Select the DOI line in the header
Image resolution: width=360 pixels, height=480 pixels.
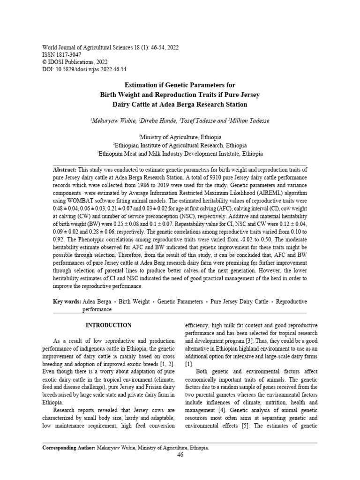(x=84, y=69)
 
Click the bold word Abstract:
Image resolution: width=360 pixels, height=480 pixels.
(x=65, y=169)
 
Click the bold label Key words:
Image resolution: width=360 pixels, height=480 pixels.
(x=67, y=302)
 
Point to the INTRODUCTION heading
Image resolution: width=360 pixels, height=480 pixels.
(x=108, y=325)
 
